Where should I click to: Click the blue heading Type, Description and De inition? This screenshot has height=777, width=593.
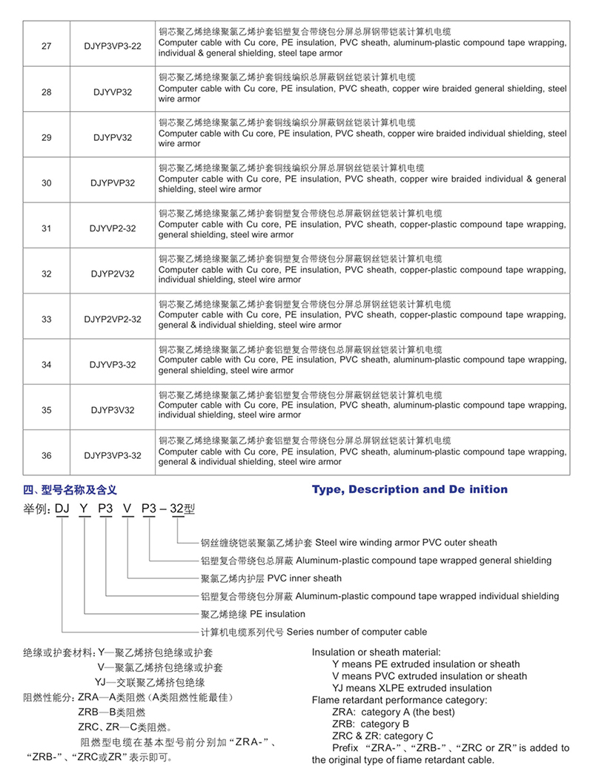pyautogui.click(x=410, y=489)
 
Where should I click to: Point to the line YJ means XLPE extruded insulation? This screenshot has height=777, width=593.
pyautogui.click(x=411, y=688)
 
